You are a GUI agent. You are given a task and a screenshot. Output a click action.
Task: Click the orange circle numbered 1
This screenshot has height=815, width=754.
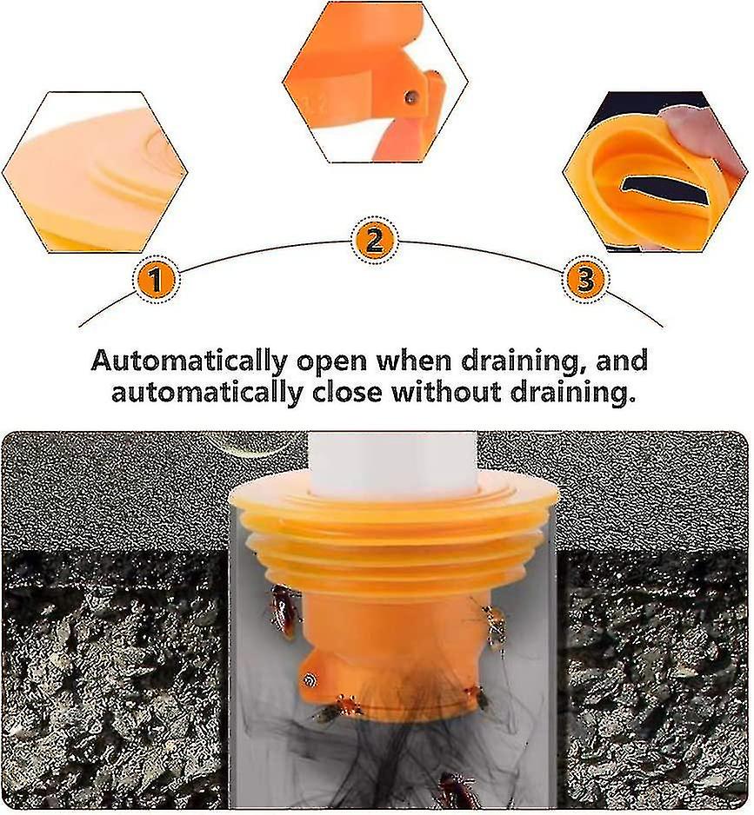[x=156, y=281]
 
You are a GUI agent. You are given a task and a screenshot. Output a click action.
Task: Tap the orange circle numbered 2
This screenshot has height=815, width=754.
[x=373, y=239]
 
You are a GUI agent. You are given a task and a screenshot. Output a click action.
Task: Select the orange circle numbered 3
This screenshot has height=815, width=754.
[x=585, y=279]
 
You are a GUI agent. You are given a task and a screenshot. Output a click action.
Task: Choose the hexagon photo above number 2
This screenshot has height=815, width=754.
[x=376, y=83]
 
